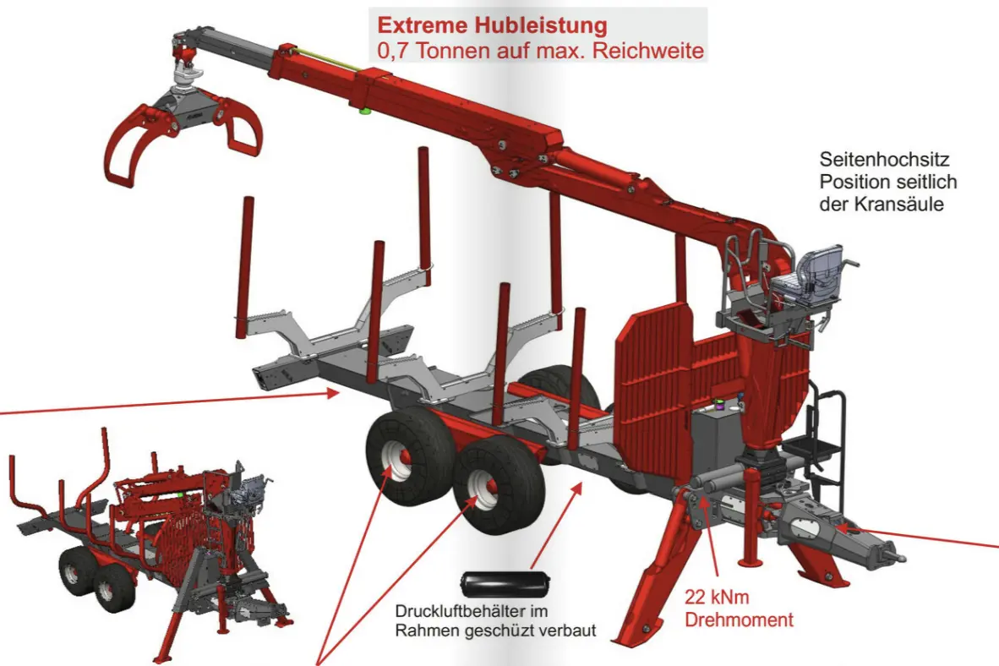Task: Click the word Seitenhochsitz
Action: tap(884, 160)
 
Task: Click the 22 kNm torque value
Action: tap(716, 598)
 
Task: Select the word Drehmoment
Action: tap(739, 620)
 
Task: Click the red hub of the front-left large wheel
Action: tap(404, 456)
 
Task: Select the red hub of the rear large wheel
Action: tap(490, 486)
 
